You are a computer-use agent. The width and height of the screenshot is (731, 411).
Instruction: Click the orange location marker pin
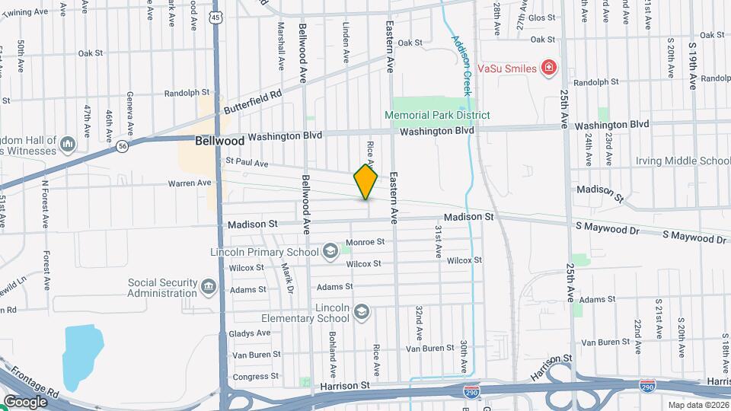coord(365,181)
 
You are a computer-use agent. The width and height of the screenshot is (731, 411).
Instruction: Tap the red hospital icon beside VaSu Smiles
coord(547,68)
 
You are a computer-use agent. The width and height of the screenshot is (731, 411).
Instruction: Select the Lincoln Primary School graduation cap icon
coord(330,251)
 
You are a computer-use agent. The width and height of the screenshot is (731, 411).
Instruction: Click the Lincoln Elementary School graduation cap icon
coord(361,312)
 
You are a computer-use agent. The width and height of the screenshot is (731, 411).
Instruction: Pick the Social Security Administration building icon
coord(209,287)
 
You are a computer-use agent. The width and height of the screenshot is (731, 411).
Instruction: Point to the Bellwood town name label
coord(219,141)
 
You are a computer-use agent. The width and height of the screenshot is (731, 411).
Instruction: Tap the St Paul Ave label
coord(247,163)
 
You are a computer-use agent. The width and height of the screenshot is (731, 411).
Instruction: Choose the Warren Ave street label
coord(189,183)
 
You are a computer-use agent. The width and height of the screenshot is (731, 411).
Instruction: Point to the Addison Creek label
coord(462,65)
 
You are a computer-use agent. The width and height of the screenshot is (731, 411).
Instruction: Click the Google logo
coord(26,401)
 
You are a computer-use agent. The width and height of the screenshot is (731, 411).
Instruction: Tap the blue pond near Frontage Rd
coord(84,356)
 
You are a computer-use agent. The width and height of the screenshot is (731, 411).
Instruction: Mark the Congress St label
coord(251,377)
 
